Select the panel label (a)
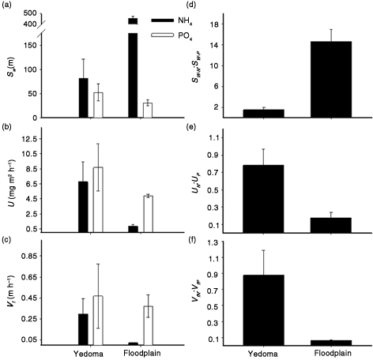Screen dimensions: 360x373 tap(9, 7)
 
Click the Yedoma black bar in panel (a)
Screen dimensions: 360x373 tap(84, 98)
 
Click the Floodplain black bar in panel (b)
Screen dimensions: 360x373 tap(133, 229)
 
